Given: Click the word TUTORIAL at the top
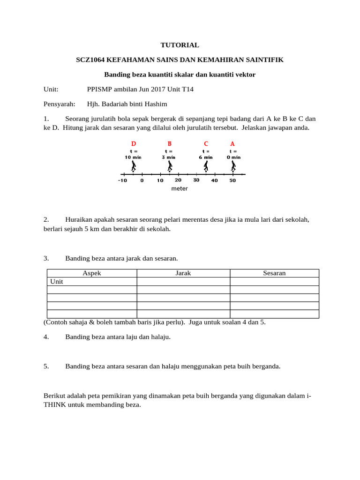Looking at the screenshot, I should (180, 45).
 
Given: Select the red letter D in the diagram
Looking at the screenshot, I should (134, 143).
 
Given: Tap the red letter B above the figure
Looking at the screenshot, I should (169, 143).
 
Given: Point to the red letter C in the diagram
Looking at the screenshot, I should (206, 143).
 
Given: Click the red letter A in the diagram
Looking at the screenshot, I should (232, 143).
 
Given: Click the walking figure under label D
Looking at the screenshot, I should (134, 166).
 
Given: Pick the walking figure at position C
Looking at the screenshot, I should (206, 166).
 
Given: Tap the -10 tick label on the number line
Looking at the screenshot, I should (122, 180).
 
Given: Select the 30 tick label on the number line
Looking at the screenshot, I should (196, 180).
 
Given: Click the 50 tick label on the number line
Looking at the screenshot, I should (232, 180).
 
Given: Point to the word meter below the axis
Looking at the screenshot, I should (180, 188).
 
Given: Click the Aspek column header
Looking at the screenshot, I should (92, 273).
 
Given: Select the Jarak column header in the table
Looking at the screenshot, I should (183, 273).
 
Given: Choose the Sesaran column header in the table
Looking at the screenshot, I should (274, 273).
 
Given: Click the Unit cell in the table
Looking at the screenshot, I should (56, 282).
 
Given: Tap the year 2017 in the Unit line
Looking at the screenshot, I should (142, 89).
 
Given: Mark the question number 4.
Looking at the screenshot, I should (46, 337).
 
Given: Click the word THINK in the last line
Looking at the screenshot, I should (56, 404).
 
